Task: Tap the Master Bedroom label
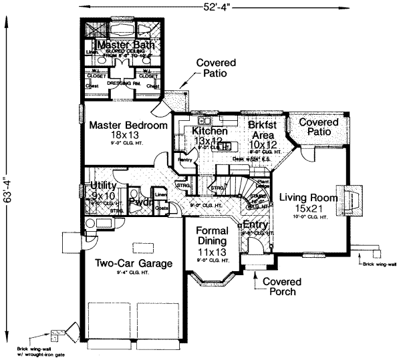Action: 128,125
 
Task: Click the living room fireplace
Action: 354,200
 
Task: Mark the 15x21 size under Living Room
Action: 309,208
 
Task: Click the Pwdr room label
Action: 139,201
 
